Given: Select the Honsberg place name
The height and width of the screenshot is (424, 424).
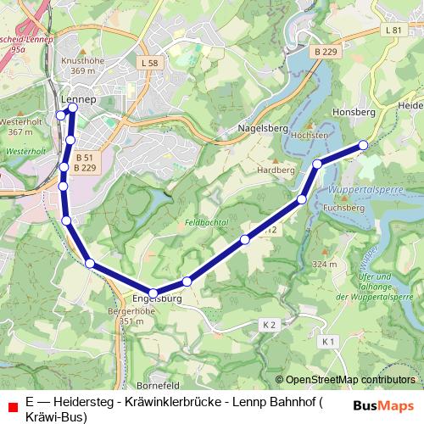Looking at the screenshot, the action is pyautogui.click(x=348, y=111).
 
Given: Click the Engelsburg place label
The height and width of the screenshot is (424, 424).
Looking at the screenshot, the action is pyautogui.click(x=158, y=298).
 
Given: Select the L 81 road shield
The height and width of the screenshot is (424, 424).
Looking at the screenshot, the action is pyautogui.click(x=393, y=31).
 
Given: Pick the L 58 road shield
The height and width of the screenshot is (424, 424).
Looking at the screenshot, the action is pyautogui.click(x=149, y=63).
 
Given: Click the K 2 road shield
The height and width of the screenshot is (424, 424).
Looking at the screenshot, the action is pyautogui.click(x=270, y=325).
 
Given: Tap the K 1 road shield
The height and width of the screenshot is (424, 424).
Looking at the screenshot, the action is pyautogui.click(x=329, y=340).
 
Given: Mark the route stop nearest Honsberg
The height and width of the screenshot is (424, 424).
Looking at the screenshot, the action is pyautogui.click(x=364, y=145).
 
